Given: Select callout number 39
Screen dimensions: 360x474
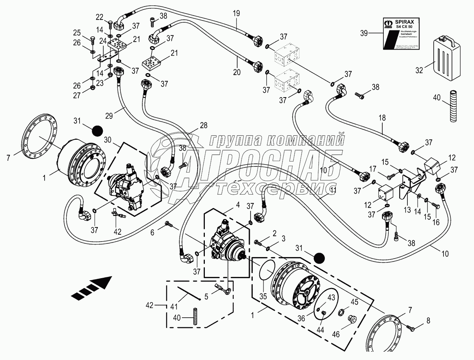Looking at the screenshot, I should [x=365, y=33].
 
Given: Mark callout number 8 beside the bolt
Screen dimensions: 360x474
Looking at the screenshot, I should [x=428, y=321].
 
